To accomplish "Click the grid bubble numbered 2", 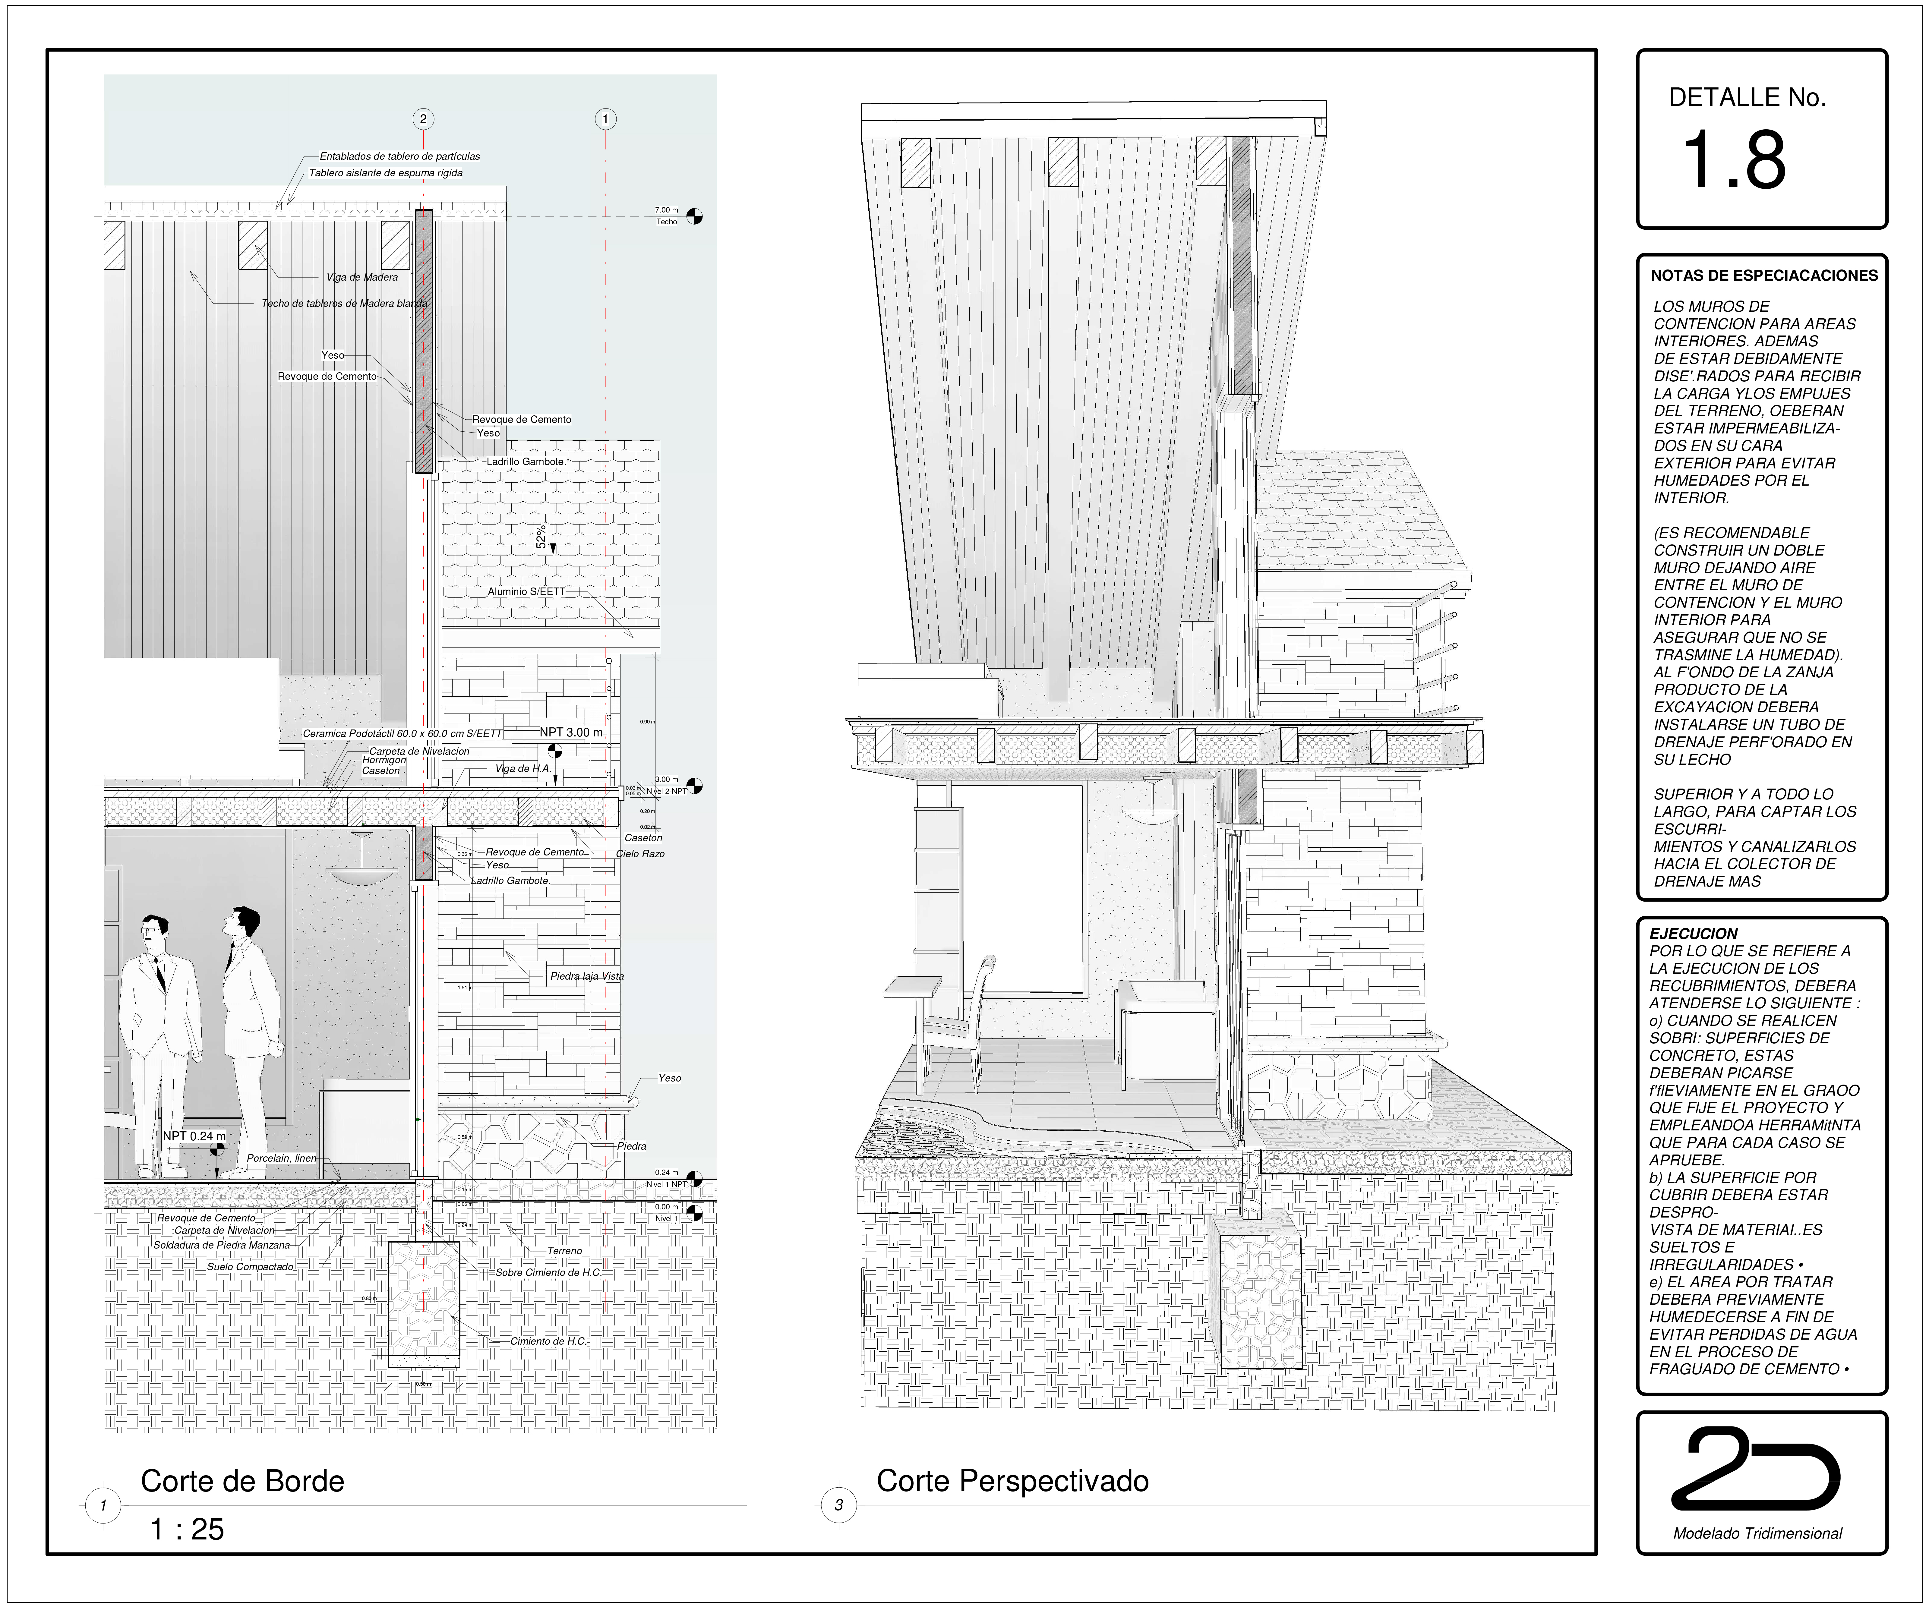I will [x=422, y=118].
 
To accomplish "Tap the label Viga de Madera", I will [x=362, y=277].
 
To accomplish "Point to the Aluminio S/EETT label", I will [x=526, y=591].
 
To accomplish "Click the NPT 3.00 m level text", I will [x=570, y=732].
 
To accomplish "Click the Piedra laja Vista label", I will [x=587, y=976].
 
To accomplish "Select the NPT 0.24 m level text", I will [x=194, y=1136].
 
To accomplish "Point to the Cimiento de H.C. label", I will [x=548, y=1341].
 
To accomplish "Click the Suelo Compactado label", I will [x=250, y=1267].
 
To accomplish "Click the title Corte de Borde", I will [x=242, y=1480].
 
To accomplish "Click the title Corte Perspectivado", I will [x=1012, y=1480].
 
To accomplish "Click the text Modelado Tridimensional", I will [x=1757, y=1533].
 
